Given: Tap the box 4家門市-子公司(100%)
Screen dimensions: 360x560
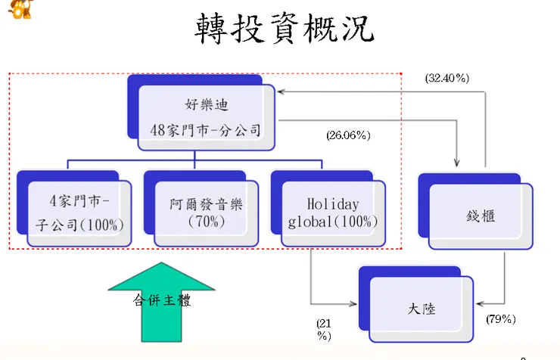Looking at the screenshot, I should [79, 214].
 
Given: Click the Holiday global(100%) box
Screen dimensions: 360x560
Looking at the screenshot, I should [332, 214].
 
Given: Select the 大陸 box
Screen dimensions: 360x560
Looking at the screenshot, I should [420, 309].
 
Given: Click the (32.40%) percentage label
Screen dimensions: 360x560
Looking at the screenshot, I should [446, 78].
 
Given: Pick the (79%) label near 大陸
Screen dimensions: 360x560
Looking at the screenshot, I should [500, 319].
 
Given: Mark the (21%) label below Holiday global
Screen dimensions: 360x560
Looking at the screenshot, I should [324, 329].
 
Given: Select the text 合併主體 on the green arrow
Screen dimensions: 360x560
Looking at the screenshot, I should [161, 301].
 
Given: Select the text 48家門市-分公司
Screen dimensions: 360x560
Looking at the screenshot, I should [204, 130].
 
